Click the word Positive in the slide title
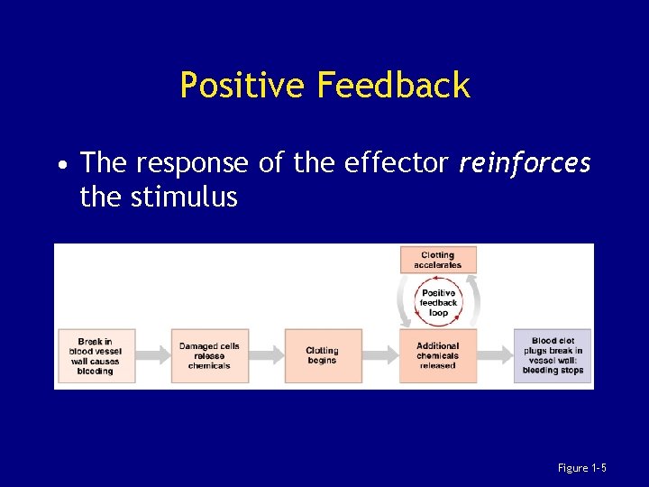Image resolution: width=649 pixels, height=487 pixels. click(242, 86)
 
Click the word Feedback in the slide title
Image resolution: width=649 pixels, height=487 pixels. click(393, 86)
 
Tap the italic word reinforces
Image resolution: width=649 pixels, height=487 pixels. click(525, 163)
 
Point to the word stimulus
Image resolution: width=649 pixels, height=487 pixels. click(184, 196)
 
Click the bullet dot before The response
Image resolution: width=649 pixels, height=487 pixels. click(60, 165)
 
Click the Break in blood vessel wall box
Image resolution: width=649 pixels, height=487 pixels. click(95, 355)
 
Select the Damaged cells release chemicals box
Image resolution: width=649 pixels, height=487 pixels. click(209, 355)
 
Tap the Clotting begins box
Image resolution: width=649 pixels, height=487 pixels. click(322, 355)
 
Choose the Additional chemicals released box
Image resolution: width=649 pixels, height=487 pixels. click(438, 355)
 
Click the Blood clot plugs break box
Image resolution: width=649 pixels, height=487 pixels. click(553, 355)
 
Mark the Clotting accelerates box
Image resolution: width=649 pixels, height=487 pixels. click(438, 260)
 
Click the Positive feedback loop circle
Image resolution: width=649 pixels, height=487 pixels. click(438, 302)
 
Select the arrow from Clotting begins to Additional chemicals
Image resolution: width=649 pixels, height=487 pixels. click(380, 355)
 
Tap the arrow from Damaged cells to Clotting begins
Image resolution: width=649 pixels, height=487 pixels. click(266, 355)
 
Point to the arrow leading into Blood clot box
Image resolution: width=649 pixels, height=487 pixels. click(495, 355)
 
